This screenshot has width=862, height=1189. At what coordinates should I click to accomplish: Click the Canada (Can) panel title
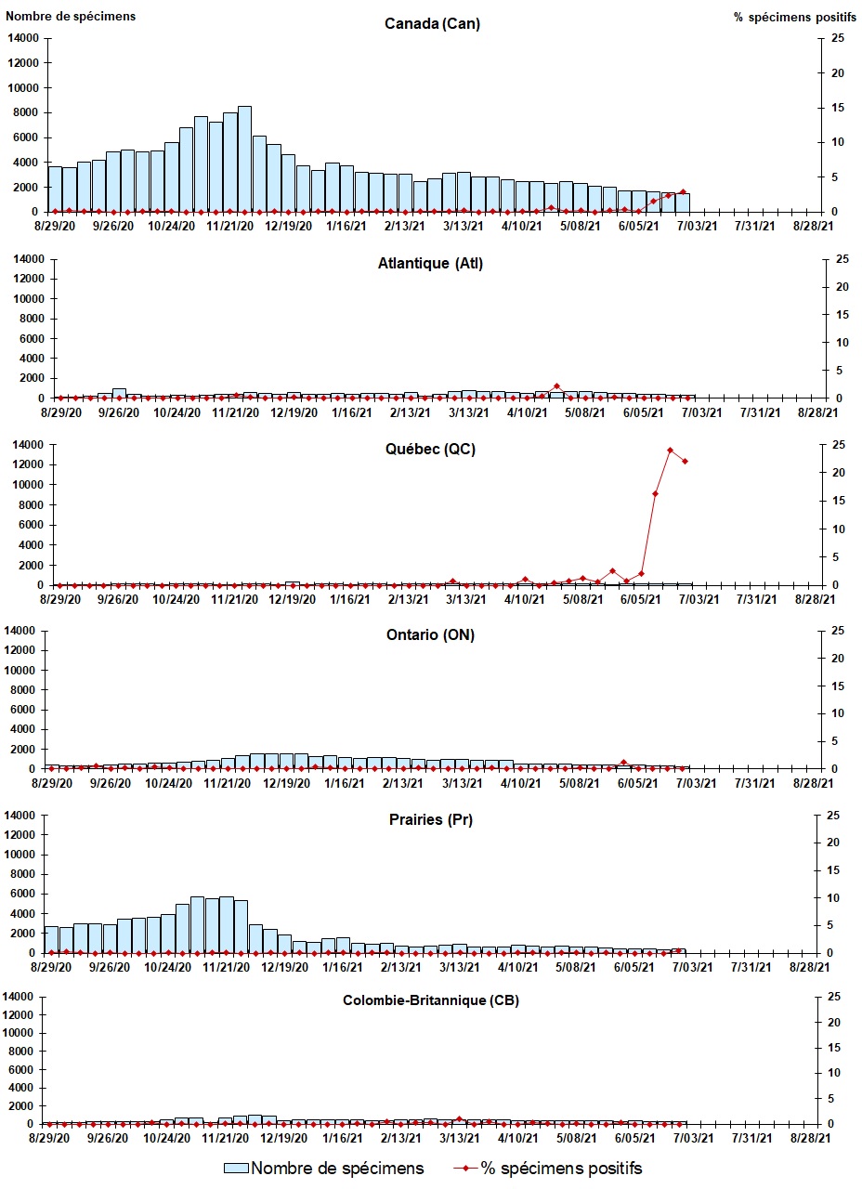pyautogui.click(x=432, y=24)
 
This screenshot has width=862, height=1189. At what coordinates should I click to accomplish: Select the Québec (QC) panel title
pyautogui.click(x=431, y=450)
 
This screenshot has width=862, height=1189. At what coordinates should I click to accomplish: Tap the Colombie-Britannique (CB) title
pyautogui.click(x=431, y=1001)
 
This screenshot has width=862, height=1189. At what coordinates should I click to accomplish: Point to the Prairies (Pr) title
pyautogui.click(x=431, y=820)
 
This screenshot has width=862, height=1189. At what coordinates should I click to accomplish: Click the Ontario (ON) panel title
pyautogui.click(x=431, y=635)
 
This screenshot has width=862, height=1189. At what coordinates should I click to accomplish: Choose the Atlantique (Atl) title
pyautogui.click(x=431, y=263)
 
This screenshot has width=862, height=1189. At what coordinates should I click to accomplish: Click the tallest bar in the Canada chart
pyautogui.click(x=244, y=159)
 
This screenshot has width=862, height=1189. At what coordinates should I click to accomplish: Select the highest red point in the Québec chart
pyautogui.click(x=670, y=451)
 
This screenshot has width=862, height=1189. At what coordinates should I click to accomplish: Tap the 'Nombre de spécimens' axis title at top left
pyautogui.click(x=71, y=17)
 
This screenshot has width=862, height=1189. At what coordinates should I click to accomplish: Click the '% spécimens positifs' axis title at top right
pyautogui.click(x=790, y=17)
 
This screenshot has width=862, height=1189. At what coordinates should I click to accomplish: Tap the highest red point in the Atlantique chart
pyautogui.click(x=556, y=386)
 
